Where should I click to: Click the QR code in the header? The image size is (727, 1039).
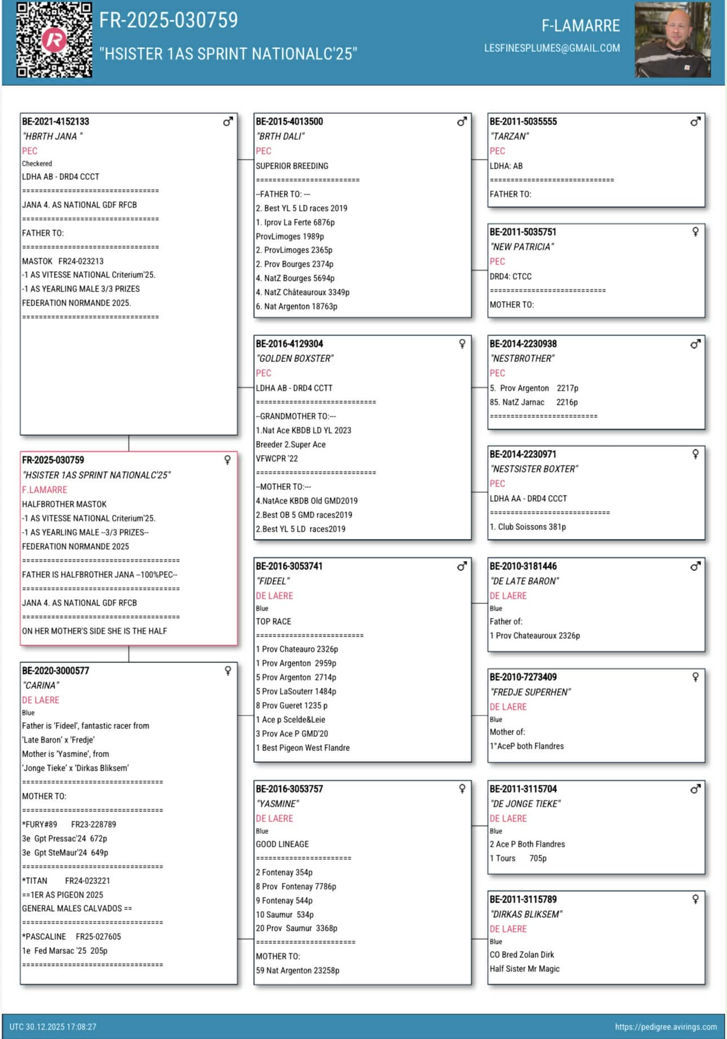[54, 39]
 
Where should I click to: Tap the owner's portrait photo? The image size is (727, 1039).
[672, 39]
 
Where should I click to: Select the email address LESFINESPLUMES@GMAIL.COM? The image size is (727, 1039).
[552, 48]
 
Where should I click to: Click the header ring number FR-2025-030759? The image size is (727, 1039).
[169, 20]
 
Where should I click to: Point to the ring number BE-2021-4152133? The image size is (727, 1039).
[55, 121]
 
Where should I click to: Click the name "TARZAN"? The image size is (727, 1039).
[509, 136]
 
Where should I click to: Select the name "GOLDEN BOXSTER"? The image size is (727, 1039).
[295, 359]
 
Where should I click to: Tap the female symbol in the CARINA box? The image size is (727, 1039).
[228, 670]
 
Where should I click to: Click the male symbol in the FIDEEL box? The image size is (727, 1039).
[462, 566]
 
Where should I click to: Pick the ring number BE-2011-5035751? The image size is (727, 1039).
[522, 232]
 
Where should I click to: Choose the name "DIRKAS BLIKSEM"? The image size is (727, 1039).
[526, 914]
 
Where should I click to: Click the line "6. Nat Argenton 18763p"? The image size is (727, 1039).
[296, 306]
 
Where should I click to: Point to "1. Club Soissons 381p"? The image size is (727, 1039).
[527, 527]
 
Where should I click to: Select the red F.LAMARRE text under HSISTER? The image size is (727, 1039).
[45, 490]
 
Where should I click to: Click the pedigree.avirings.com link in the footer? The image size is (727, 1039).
[666, 1027]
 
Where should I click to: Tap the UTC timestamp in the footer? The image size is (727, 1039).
[53, 1027]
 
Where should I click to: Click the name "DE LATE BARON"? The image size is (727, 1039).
[525, 581]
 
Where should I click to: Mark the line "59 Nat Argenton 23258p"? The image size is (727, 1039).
[298, 970]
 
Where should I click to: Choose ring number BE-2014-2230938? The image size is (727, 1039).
[522, 343]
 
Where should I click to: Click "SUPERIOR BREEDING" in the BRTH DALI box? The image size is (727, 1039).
[292, 166]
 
